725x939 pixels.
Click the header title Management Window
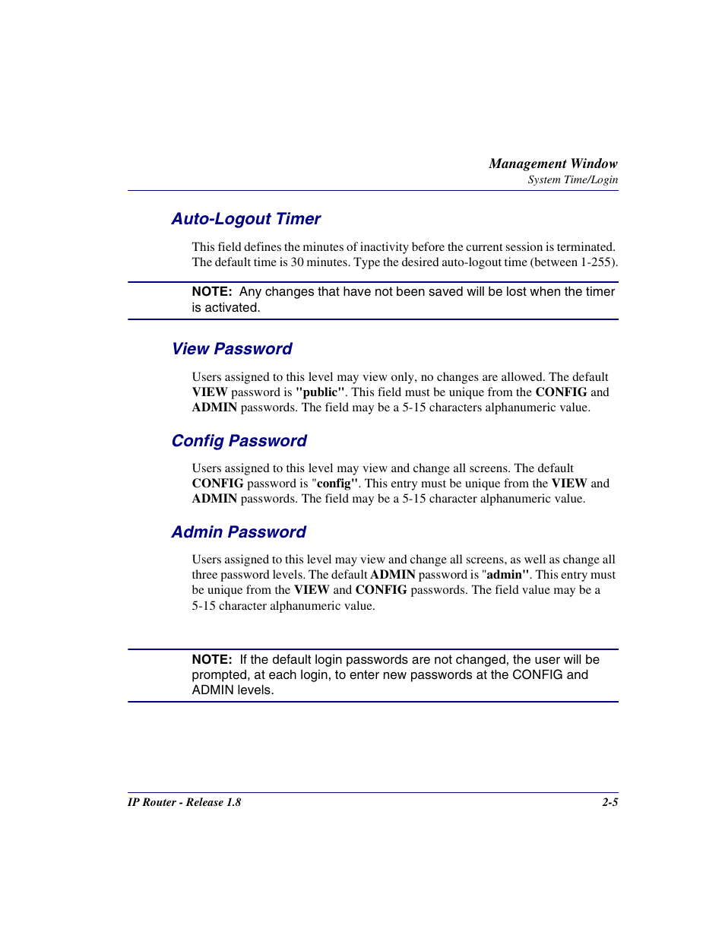tap(552, 163)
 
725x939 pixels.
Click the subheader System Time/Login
tap(572, 180)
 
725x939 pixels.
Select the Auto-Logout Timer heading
tap(246, 219)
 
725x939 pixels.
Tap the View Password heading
tap(232, 349)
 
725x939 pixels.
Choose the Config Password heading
tap(239, 441)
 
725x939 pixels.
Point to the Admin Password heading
tap(239, 532)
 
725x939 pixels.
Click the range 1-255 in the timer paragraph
tap(596, 262)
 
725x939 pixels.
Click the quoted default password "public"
tap(320, 392)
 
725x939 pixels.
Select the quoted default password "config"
tap(334, 484)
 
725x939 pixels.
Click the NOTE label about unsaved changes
tap(211, 292)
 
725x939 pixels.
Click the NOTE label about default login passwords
tap(211, 660)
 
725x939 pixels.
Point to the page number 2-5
tap(609, 802)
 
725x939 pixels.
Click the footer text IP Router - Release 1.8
tap(184, 802)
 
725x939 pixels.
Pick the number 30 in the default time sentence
tap(297, 262)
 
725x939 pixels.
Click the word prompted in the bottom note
tap(219, 675)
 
